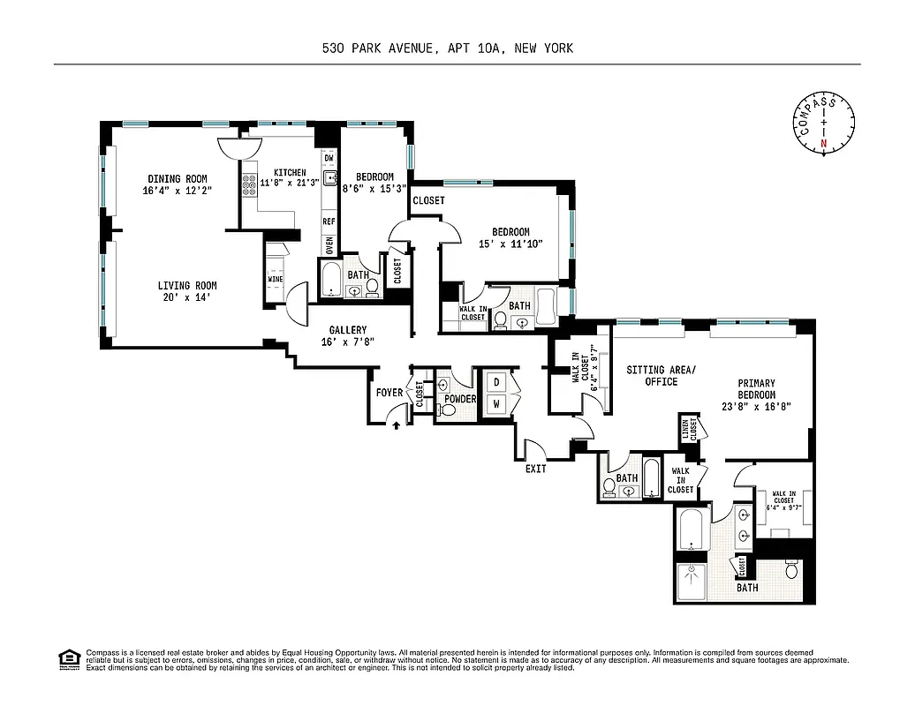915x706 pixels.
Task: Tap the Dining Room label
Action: [178, 179]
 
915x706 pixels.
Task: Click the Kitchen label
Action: [290, 172]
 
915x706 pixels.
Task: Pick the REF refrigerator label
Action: [329, 222]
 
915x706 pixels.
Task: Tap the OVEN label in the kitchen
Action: [329, 244]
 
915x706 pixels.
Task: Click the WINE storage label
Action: [276, 280]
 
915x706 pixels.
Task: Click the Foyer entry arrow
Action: [396, 425]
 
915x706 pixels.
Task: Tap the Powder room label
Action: [460, 399]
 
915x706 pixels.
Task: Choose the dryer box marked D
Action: [496, 382]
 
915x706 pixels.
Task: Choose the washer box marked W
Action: [496, 403]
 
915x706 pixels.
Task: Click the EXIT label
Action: [535, 469]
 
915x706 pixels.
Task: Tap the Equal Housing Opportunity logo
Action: [66, 657]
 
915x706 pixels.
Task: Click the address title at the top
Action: [448, 49]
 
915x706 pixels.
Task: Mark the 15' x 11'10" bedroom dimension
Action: [510, 244]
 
